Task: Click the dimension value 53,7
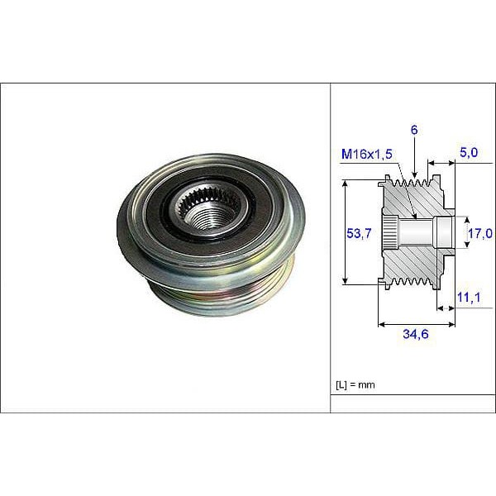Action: [x=357, y=234]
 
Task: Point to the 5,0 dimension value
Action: [x=470, y=152]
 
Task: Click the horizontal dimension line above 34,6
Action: [x=416, y=324]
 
